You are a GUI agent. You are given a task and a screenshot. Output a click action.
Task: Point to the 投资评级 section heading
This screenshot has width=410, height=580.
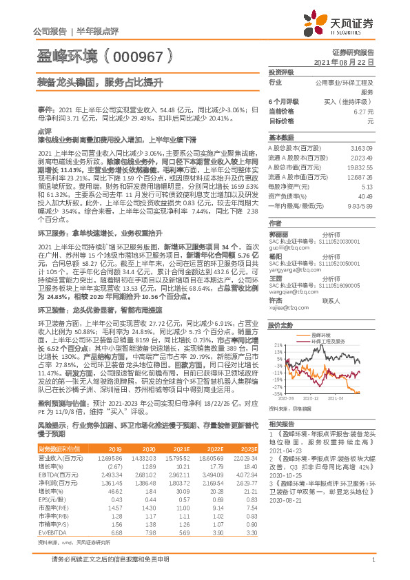281,72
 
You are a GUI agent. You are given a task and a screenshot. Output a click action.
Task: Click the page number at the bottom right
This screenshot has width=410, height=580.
372,567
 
